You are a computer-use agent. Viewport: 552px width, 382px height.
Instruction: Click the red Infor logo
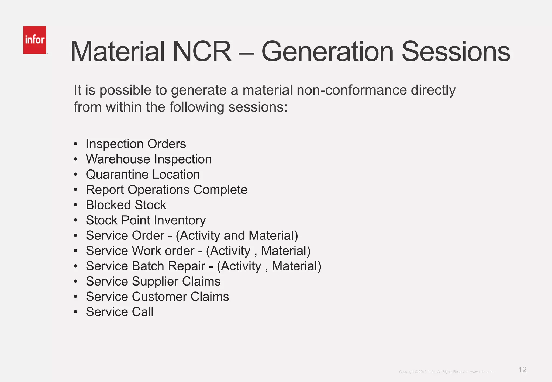[x=34, y=40]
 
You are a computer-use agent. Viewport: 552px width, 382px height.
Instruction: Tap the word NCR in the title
[x=202, y=51]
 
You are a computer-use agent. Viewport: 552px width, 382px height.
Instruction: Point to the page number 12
[x=522, y=370]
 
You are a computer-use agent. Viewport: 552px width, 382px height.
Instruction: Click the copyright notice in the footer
[x=446, y=372]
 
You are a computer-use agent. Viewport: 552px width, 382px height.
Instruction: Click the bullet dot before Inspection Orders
[x=76, y=144]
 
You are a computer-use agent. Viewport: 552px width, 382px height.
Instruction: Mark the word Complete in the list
[x=220, y=190]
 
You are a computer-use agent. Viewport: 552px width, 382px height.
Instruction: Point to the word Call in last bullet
[x=143, y=312]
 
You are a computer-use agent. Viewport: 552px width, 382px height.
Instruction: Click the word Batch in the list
[x=147, y=266]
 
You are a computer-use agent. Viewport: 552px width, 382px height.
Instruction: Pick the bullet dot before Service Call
[x=76, y=312]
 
